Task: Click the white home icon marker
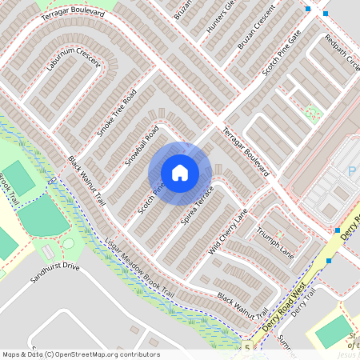180,173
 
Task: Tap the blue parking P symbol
351,170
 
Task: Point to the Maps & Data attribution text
22,354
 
